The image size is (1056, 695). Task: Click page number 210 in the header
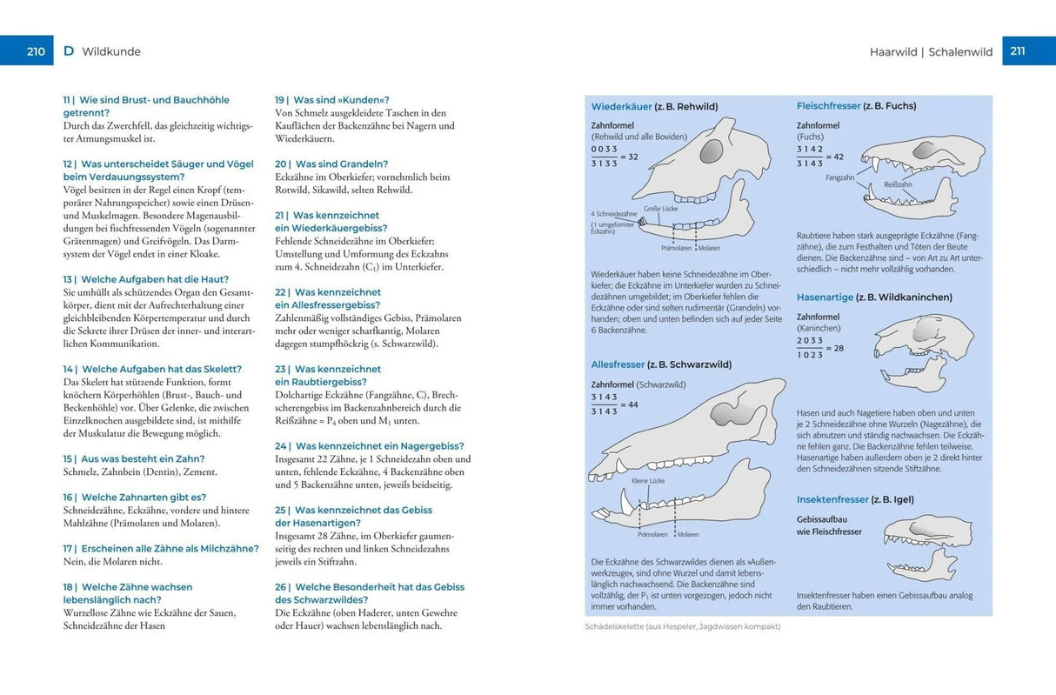(x=35, y=51)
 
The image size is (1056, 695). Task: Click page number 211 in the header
(x=1018, y=51)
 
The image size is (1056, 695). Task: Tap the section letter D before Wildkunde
(x=69, y=51)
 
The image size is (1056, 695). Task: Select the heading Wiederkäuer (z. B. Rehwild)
(x=654, y=106)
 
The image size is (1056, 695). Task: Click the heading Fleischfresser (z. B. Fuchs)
(x=856, y=105)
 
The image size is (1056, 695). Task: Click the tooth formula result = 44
(x=627, y=404)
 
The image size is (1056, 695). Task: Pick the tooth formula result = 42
(x=832, y=157)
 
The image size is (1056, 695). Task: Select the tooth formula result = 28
(x=832, y=348)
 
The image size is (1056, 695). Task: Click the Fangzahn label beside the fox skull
(x=839, y=177)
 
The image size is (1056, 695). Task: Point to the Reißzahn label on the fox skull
(x=897, y=184)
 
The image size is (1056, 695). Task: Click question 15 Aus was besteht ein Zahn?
(x=134, y=458)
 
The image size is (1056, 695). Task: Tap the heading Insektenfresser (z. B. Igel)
(x=854, y=499)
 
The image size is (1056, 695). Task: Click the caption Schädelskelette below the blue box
(x=683, y=626)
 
